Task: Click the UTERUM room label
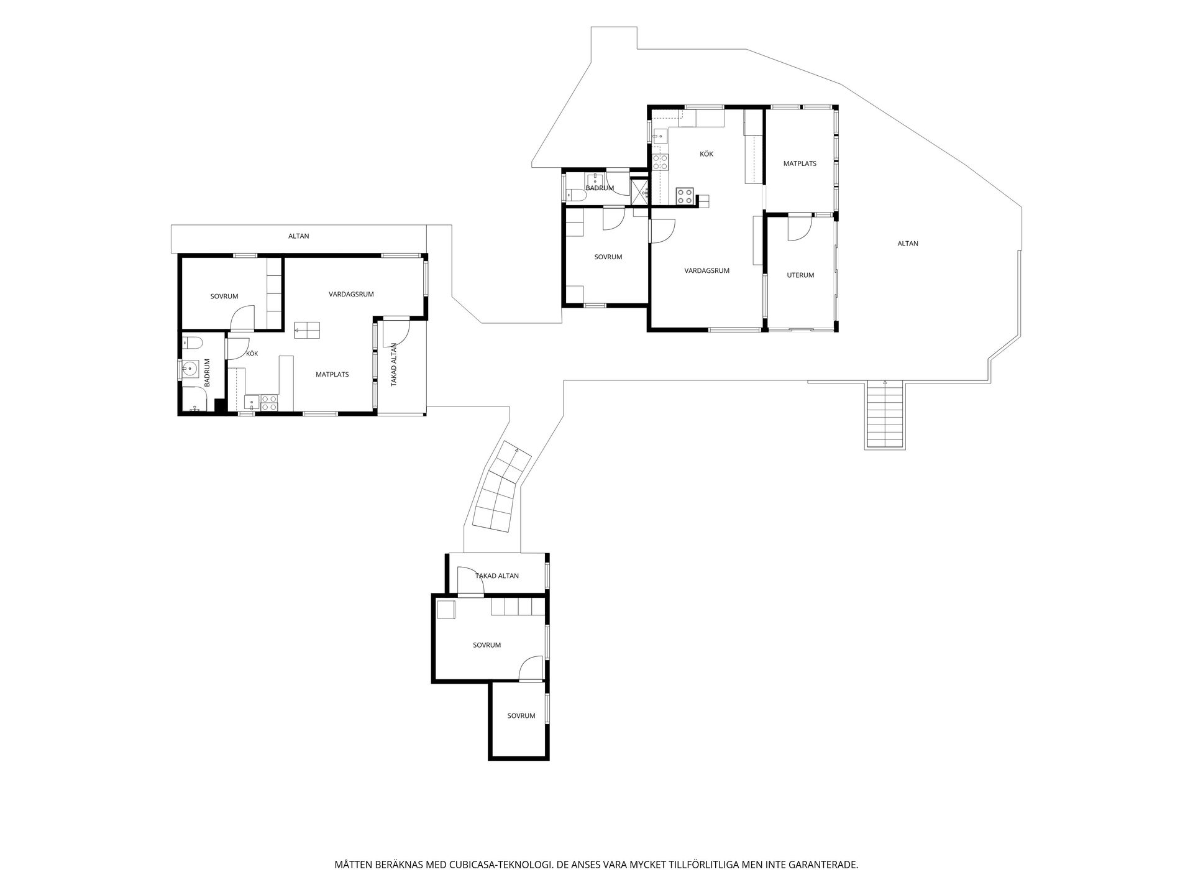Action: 800,275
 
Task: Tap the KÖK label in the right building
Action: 706,154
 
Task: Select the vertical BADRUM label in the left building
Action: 208,373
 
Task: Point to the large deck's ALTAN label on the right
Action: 908,244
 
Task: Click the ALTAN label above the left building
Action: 299,236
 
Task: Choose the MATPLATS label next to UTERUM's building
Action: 800,164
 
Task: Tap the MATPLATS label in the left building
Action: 332,375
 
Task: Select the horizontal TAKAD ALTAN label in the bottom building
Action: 497,576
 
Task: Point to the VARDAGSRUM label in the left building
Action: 351,294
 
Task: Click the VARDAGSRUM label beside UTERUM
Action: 707,271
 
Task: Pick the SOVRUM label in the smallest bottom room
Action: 521,716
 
